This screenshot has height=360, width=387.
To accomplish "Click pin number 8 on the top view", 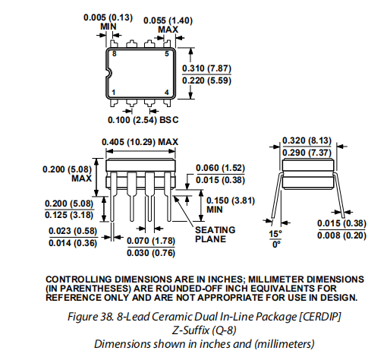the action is [x=115, y=54].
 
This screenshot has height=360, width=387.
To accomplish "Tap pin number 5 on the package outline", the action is [x=167, y=54].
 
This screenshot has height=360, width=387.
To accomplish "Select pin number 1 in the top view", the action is [x=114, y=93].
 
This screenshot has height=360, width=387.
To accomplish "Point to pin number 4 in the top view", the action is [x=167, y=93].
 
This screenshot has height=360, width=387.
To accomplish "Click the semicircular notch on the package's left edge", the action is [x=110, y=73].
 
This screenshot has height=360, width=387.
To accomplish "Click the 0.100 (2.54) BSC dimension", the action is [x=143, y=120].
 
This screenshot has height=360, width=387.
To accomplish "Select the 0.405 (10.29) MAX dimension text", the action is [x=140, y=142].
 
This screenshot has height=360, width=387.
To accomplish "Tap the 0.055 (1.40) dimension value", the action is [x=168, y=21].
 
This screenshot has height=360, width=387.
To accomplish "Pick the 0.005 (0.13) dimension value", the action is [x=108, y=17].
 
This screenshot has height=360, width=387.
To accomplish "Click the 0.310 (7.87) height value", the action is [x=206, y=68].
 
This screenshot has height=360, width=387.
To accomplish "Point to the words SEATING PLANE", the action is [x=216, y=235].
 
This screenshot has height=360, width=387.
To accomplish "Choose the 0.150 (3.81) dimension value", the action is [x=231, y=201].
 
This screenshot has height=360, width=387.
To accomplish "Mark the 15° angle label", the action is [x=275, y=234].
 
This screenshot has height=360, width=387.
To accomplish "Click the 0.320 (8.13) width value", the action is [x=307, y=141].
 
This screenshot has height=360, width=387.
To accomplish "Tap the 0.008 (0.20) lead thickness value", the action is [x=341, y=235].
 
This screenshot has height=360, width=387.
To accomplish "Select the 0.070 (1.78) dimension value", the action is [x=151, y=241].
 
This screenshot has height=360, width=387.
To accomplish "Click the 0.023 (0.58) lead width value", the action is [x=73, y=231].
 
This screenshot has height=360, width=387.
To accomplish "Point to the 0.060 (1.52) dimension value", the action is [x=220, y=168].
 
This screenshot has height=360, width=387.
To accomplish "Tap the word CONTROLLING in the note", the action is [x=79, y=279].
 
